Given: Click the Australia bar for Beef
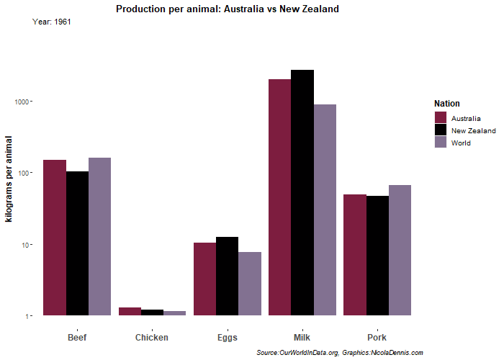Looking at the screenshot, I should click(55, 238).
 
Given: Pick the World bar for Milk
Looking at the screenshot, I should click(325, 210).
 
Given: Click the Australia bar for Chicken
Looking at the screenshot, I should click(130, 312).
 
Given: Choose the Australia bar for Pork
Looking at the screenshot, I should click(354, 255).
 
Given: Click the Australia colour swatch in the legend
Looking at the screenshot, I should click(441, 117).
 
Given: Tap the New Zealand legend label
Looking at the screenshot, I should click(473, 130).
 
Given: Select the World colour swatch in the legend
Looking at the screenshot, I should click(441, 143).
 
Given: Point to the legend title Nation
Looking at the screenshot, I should click(447, 104).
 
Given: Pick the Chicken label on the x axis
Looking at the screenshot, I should click(152, 338).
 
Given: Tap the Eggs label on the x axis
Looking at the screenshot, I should click(227, 338).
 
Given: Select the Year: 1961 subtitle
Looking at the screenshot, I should click(52, 22).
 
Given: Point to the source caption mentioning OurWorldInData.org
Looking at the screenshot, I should click(340, 352).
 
